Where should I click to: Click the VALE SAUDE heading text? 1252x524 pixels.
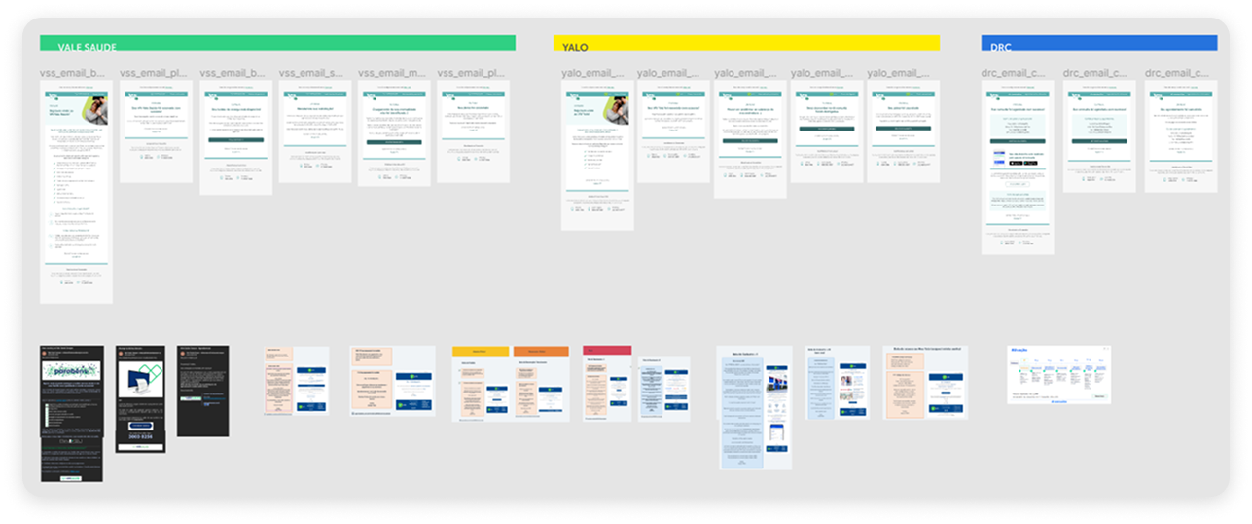click(81, 47)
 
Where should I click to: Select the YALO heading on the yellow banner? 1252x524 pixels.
click(575, 47)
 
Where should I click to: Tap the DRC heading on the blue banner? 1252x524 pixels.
click(1000, 47)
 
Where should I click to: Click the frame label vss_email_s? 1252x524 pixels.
click(310, 73)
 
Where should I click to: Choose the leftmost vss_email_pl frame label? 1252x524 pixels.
click(152, 73)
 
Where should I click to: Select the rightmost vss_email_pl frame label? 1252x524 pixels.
click(470, 73)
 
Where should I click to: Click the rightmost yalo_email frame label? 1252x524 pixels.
click(900, 73)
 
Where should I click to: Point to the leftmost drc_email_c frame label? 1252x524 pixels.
click(1018, 73)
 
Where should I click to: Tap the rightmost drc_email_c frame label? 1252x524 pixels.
click(1178, 73)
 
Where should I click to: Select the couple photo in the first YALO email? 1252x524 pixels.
click(617, 110)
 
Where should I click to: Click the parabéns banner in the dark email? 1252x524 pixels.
click(71, 371)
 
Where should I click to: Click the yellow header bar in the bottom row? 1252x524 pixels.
click(481, 350)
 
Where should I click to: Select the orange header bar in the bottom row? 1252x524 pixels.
click(541, 350)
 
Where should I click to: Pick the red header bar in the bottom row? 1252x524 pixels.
click(607, 350)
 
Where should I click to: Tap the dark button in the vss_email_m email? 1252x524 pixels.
click(395, 142)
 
